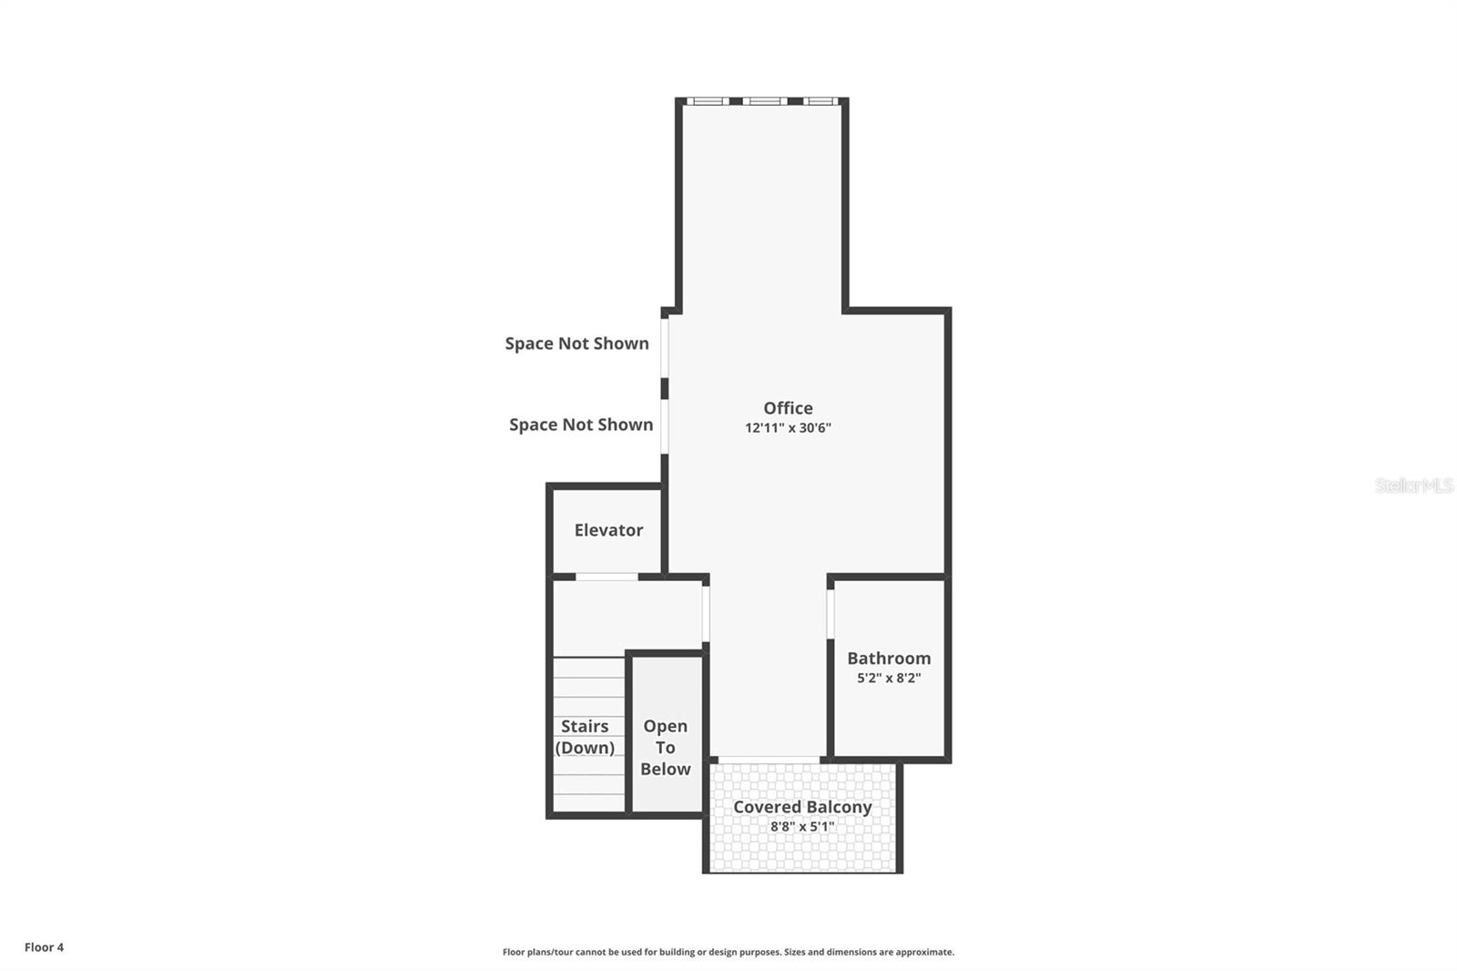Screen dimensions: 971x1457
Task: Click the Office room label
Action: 788,408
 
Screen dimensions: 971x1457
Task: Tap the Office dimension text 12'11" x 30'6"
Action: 788,428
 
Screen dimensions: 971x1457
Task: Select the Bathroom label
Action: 889,658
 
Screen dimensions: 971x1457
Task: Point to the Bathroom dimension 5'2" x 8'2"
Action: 889,678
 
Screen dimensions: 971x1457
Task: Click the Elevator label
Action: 608,530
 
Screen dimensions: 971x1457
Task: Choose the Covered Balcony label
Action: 802,807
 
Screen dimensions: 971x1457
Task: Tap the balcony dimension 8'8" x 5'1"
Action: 802,827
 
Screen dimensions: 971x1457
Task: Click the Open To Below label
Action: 666,747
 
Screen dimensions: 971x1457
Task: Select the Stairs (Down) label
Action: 585,737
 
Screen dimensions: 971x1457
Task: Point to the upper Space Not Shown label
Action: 577,343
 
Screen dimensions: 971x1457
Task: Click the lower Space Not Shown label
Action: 581,424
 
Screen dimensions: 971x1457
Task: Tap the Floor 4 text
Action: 44,947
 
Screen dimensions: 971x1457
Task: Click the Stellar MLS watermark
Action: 1413,485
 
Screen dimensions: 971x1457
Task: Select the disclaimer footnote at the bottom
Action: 728,952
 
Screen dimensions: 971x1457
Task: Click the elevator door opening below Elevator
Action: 607,577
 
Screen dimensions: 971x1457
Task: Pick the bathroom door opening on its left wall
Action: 830,614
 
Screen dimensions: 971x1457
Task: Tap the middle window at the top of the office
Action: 764,101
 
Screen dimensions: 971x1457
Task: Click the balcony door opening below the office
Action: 769,759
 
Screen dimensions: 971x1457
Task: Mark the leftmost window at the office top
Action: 708,101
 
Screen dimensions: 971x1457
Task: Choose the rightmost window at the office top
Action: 820,101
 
